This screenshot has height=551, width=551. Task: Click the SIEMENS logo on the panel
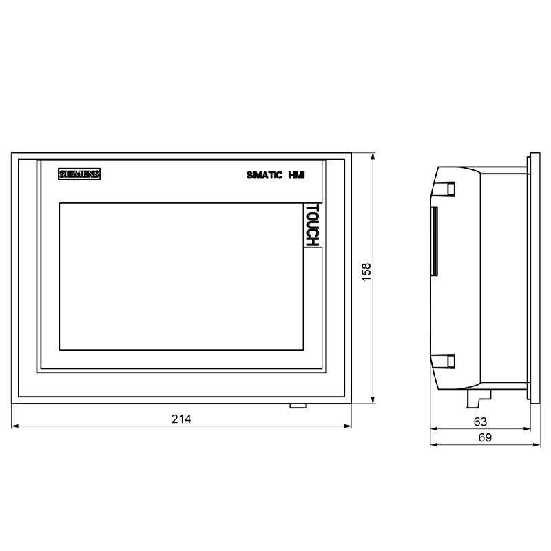[79, 174]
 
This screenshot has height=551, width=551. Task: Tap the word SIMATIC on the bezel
[265, 176]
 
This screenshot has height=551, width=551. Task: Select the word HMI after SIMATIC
[295, 176]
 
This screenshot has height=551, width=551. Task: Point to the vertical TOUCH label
[311, 225]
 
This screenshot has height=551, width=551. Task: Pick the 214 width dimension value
[181, 419]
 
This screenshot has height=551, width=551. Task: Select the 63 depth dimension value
[480, 421]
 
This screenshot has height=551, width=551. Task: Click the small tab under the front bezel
[298, 405]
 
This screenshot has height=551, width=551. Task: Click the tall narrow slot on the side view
[434, 241]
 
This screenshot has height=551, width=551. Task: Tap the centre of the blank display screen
[180, 275]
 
